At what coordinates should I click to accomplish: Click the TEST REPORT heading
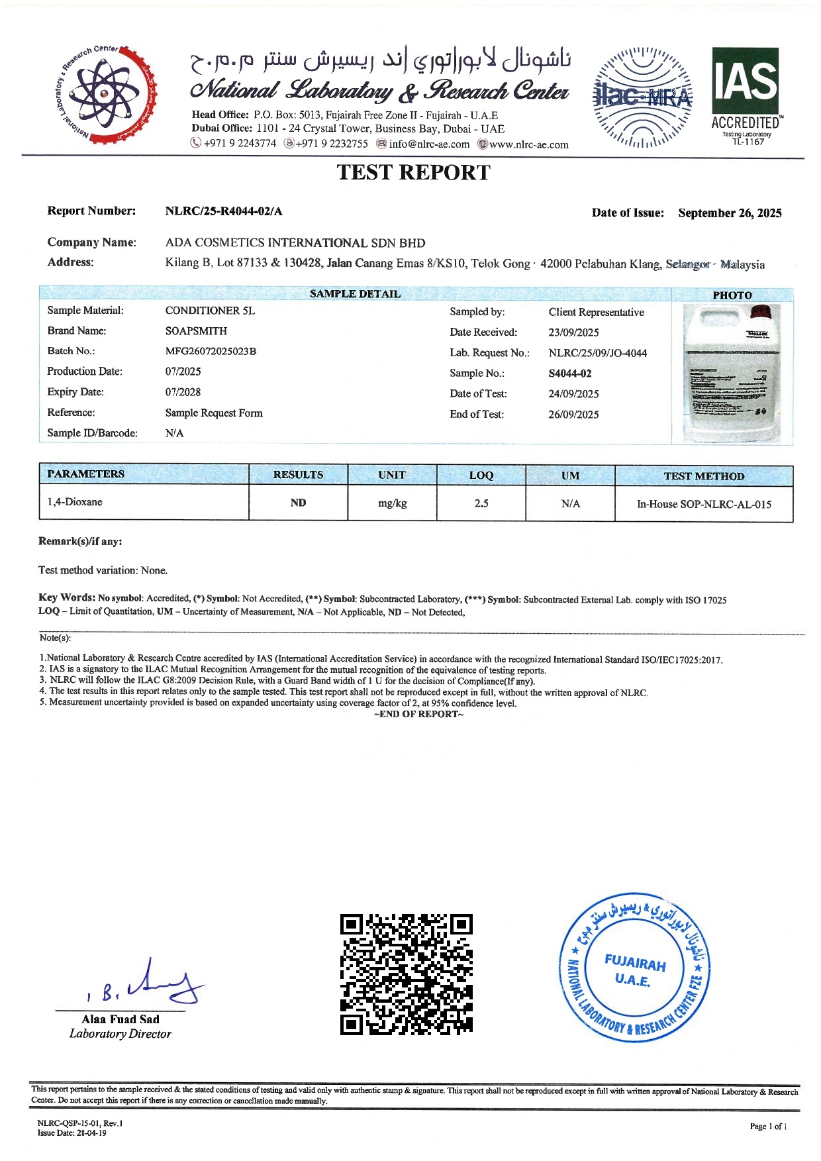point(413,173)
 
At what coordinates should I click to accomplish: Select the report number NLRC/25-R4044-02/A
point(224,211)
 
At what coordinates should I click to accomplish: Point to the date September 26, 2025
point(730,213)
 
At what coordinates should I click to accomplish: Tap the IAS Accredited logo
point(745,95)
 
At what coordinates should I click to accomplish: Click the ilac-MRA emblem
point(642,97)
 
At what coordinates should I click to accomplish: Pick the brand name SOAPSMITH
point(196,330)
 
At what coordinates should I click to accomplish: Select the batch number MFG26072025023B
point(211,351)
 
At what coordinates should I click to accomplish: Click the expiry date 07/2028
point(183,392)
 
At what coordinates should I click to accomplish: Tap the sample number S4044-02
point(570,374)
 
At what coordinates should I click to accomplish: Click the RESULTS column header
point(298,475)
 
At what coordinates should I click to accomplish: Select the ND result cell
point(298,503)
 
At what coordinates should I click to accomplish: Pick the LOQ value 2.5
point(481,503)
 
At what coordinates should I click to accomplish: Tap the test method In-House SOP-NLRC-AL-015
point(704,504)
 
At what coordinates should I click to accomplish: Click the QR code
point(407,974)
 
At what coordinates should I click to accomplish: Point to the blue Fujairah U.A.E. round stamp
point(634,968)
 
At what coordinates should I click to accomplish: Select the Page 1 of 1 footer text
point(768,1127)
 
